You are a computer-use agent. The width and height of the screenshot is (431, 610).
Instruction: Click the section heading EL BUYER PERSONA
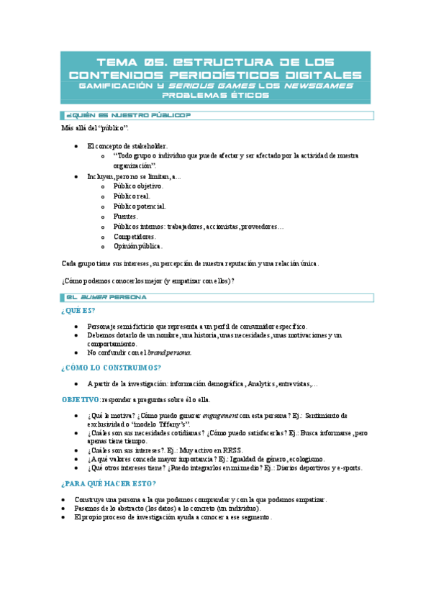coord(106,296)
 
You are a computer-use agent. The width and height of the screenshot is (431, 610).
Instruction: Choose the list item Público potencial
coord(140,206)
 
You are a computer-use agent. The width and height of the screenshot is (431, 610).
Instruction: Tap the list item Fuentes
coord(125,216)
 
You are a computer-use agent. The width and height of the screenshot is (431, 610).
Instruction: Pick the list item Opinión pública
coord(137,246)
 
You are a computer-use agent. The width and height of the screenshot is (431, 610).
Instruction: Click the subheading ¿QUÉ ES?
coord(78,311)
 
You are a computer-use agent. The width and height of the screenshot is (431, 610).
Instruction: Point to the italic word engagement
coord(222,416)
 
